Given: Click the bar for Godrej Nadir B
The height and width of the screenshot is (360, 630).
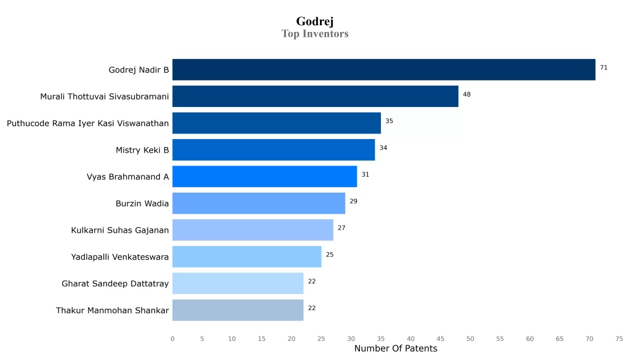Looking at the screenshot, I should pyautogui.click(x=384, y=70).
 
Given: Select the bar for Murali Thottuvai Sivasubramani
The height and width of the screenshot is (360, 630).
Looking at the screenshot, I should pyautogui.click(x=315, y=97).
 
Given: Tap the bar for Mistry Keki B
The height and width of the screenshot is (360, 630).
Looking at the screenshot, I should pyautogui.click(x=273, y=150).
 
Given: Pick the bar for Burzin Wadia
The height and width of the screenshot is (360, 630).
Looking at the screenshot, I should pyautogui.click(x=258, y=203).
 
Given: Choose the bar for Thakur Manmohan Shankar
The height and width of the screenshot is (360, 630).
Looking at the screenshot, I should pyautogui.click(x=237, y=310).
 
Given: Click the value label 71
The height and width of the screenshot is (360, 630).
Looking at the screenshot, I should pyautogui.click(x=604, y=68).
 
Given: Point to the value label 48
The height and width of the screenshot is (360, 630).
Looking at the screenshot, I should pyautogui.click(x=466, y=94).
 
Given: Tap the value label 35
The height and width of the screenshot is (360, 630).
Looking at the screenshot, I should pyautogui.click(x=389, y=121).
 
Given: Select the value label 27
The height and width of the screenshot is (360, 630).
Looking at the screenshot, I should pyautogui.click(x=341, y=228).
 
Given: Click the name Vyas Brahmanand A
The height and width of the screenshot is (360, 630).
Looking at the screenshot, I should pyautogui.click(x=127, y=177).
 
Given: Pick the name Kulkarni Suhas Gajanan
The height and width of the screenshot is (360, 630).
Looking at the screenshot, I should pyautogui.click(x=120, y=230).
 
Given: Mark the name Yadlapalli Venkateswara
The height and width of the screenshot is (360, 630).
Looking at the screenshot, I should pyautogui.click(x=120, y=257).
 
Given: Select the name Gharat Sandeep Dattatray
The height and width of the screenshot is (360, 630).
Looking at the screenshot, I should pyautogui.click(x=115, y=284).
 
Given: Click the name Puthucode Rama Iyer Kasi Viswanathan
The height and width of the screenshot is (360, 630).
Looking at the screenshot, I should pyautogui.click(x=88, y=124).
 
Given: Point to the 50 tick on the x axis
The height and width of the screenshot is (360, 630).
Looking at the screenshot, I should pyautogui.click(x=470, y=338).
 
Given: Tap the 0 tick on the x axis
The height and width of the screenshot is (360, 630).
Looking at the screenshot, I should pyautogui.click(x=172, y=338).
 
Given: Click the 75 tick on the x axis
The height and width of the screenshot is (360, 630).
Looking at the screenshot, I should pyautogui.click(x=619, y=338).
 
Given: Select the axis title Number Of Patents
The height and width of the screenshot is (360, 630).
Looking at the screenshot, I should pyautogui.click(x=396, y=349).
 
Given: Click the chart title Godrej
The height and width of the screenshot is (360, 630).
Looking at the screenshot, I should pyautogui.click(x=315, y=22).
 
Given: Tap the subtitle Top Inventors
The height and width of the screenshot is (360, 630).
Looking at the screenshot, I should pyautogui.click(x=315, y=34).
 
